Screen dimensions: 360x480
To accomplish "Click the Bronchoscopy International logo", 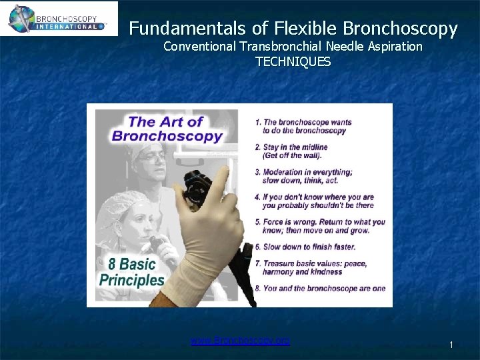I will tap(59, 18).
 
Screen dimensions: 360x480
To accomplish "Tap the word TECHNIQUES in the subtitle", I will tap(293, 61).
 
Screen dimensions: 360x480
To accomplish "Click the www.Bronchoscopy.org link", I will tap(240, 341).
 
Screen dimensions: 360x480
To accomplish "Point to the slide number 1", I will tap(451, 345).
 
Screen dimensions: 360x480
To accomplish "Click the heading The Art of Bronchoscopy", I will tap(167, 129).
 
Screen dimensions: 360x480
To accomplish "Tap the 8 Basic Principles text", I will tap(132, 271).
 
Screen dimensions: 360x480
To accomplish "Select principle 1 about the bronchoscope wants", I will tap(303, 126).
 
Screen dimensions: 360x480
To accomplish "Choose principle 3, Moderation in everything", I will tap(304, 176).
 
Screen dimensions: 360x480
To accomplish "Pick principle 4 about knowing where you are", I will tap(314, 201).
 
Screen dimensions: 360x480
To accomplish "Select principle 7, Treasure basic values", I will tap(311, 267).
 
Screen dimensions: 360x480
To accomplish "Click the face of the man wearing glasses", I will tap(154, 161).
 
